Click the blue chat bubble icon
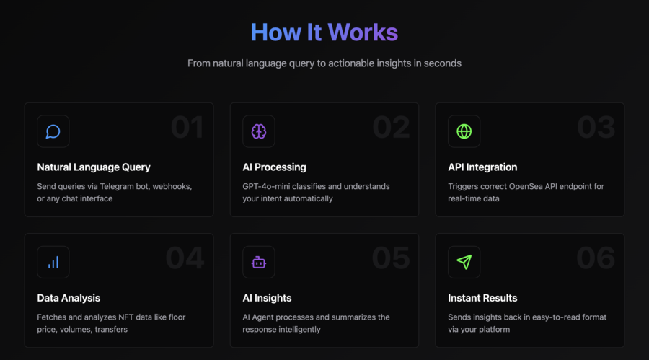coord(53,132)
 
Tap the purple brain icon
coord(259,132)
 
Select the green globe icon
coord(464,131)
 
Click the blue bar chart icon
coord(53,262)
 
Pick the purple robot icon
coord(259,262)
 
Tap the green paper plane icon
coord(464,262)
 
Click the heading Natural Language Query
coord(94,167)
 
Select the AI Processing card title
coord(275,167)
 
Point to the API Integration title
coord(482,167)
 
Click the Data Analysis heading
coord(69,298)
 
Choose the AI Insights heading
coord(267,298)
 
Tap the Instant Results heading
coord(482,298)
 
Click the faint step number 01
coord(187,127)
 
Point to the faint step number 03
coord(596,127)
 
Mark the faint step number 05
coord(391,258)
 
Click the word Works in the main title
coord(363,32)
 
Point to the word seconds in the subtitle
coord(443,63)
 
